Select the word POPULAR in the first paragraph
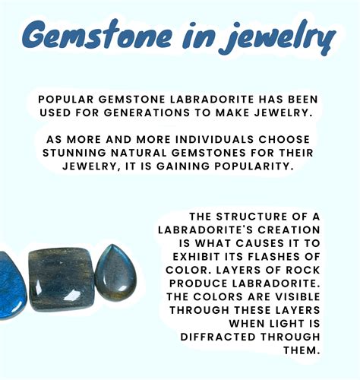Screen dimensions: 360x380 (66, 100)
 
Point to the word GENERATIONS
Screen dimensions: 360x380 (147, 112)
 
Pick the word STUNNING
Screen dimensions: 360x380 (74, 153)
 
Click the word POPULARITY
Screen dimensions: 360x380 (254, 166)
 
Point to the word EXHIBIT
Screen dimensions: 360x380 (196, 257)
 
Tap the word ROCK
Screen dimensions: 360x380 (303, 270)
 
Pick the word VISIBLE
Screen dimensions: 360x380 (298, 297)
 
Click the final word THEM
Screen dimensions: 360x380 (302, 350)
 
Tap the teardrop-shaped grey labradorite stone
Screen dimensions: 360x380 (115, 272)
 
